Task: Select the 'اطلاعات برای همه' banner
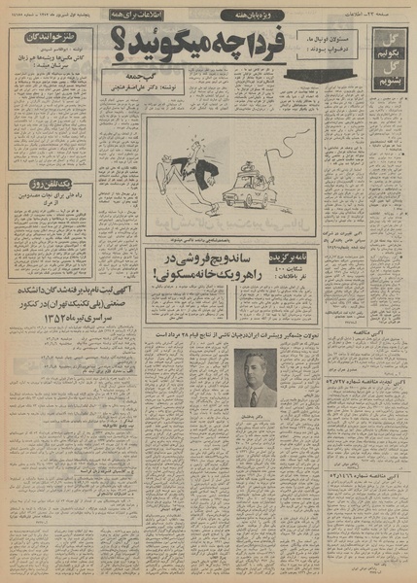[x=161, y=17]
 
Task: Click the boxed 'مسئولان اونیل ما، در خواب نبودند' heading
[x=320, y=49]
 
